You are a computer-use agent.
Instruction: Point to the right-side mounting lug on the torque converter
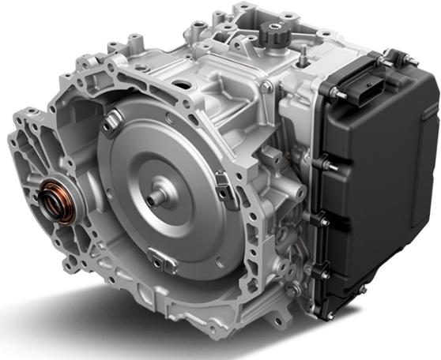point(224,189)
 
